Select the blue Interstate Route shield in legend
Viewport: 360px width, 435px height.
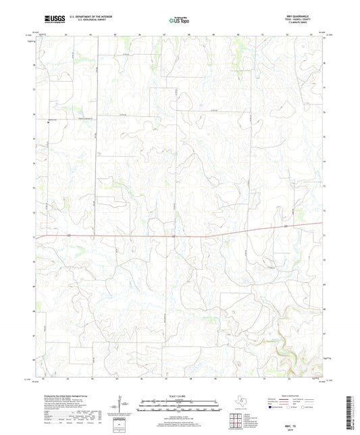(271, 408)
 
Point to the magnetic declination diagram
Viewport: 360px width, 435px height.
(120, 405)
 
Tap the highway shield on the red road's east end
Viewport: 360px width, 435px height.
(286, 226)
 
